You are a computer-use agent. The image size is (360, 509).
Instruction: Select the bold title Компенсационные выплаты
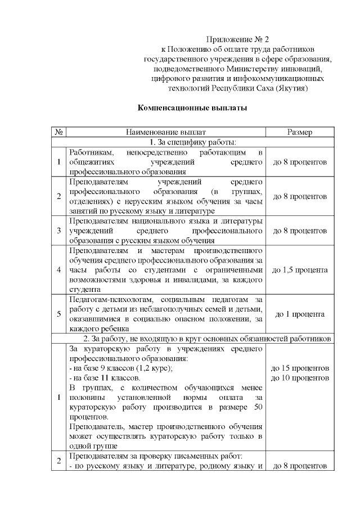click(192, 107)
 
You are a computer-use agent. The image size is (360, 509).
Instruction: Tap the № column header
click(59, 132)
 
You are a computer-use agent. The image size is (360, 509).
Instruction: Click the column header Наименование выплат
click(166, 132)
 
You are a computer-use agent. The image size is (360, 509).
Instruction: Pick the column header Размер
click(300, 132)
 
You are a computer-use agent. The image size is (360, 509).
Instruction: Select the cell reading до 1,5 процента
click(300, 270)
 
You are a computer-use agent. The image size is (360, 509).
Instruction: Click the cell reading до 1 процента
click(300, 313)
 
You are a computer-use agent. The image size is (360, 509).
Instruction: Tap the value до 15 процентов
click(300, 368)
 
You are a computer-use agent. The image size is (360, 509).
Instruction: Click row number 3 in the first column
click(59, 231)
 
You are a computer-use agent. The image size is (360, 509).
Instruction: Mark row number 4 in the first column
click(59, 270)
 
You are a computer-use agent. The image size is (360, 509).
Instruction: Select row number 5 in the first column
click(59, 313)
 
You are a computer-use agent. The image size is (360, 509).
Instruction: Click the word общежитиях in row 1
click(89, 163)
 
